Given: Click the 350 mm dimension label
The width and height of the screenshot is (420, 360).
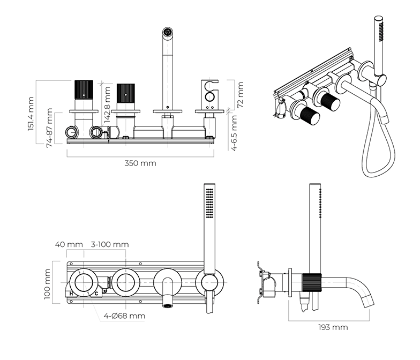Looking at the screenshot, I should tap(140, 163).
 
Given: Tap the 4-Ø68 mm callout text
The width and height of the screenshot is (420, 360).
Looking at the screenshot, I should tap(124, 316).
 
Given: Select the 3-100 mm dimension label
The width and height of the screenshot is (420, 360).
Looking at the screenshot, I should tap(109, 244).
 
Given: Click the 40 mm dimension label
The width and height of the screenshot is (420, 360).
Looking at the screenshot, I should tap(69, 244).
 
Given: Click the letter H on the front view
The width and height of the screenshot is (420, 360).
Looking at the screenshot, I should tap(71, 294).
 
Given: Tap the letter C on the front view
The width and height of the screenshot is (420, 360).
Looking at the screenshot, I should tap(96, 294).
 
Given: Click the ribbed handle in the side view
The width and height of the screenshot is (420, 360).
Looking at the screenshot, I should tap(311, 282).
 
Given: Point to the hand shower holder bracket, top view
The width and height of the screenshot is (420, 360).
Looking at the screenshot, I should tap(209, 93).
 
